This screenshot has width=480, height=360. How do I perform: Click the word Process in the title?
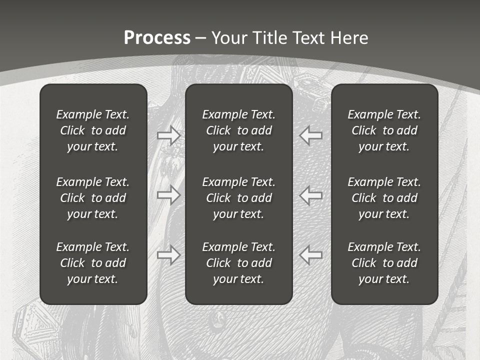[x=157, y=38]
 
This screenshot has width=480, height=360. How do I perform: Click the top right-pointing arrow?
[x=168, y=135]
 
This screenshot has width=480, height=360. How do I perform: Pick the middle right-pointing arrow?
[x=168, y=195]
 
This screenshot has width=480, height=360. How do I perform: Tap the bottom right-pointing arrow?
[x=168, y=255]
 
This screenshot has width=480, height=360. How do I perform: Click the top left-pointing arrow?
[x=310, y=135]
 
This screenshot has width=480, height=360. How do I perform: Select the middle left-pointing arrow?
[x=310, y=195]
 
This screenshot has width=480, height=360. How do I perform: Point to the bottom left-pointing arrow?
[x=310, y=255]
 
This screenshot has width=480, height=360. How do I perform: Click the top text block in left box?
[x=93, y=130]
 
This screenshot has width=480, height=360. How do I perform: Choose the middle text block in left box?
[x=93, y=198]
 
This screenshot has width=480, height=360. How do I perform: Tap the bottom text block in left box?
[x=93, y=263]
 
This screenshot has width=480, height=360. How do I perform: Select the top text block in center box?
[x=238, y=130]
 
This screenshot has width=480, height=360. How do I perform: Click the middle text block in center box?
[x=238, y=198]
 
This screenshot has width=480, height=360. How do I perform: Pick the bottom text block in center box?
[x=238, y=263]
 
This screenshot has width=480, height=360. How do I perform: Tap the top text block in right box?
[x=384, y=130]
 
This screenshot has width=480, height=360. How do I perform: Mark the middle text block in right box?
[x=384, y=198]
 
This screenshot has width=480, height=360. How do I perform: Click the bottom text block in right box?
[x=384, y=263]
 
